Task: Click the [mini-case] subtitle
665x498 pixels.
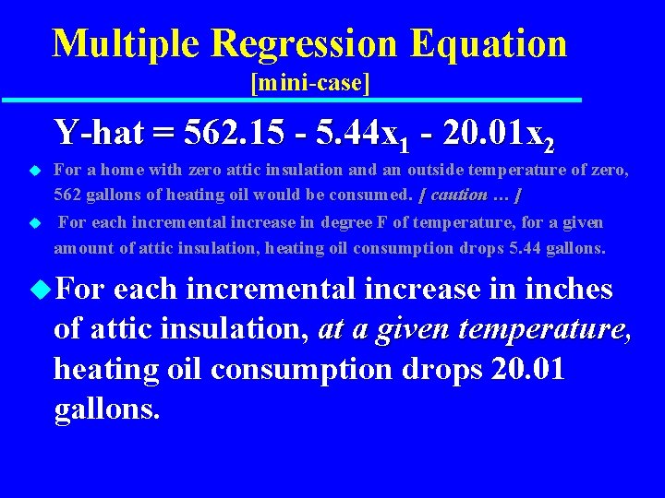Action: click(309, 84)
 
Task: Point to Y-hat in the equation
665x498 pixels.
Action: click(98, 133)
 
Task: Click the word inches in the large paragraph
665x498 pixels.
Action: click(569, 290)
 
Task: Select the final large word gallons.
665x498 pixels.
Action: click(107, 409)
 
